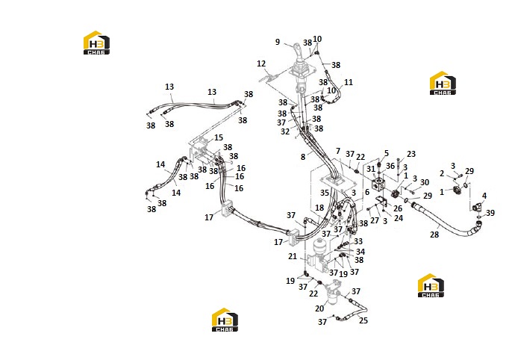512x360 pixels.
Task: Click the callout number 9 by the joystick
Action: tap(278, 42)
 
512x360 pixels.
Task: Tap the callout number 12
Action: tap(261, 63)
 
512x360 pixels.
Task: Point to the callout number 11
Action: tap(349, 82)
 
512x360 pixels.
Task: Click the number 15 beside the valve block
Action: tap(219, 137)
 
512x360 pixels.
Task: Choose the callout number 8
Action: tap(303, 157)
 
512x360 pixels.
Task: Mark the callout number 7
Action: tap(338, 152)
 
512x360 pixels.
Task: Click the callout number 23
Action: tap(411, 154)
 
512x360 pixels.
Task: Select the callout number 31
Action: tap(371, 169)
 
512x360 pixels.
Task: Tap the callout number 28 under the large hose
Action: tap(434, 235)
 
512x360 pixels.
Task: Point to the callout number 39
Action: tap(490, 213)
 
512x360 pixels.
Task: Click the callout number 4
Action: tap(484, 196)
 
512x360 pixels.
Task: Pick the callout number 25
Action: tap(363, 320)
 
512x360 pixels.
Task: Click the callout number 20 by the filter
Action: tap(319, 308)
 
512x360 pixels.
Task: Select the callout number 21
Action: tap(293, 256)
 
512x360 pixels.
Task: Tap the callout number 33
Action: tap(358, 241)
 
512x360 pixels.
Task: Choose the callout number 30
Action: tap(425, 182)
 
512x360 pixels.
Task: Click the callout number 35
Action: tap(324, 193)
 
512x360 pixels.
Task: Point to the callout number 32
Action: tap(285, 131)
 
